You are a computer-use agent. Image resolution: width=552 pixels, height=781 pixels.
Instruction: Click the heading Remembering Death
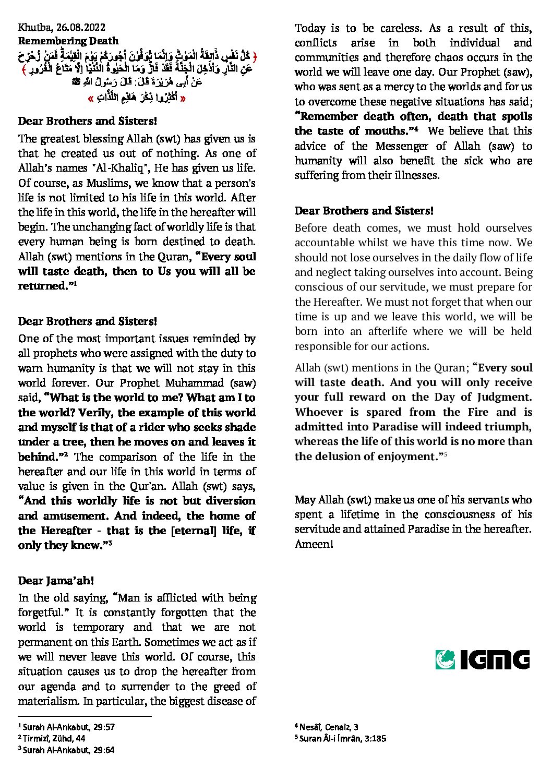(x=68, y=41)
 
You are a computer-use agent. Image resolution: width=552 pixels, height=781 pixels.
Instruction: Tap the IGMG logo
(x=483, y=659)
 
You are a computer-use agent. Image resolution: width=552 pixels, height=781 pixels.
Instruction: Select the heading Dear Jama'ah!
(x=56, y=581)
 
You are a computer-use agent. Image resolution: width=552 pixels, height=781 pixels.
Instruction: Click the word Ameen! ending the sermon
(x=314, y=544)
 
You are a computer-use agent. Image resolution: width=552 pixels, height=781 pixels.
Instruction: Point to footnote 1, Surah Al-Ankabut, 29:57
(x=66, y=727)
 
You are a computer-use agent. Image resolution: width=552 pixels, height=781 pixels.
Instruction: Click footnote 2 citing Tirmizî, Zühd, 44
(x=52, y=738)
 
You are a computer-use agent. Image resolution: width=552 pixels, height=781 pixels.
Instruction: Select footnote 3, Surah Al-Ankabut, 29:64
(x=66, y=750)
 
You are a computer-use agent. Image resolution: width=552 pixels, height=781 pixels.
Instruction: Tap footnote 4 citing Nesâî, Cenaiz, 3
(x=326, y=727)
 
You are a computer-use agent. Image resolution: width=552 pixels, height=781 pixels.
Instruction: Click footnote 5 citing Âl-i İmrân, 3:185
(x=341, y=738)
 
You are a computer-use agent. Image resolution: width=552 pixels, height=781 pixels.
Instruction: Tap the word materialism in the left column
(x=47, y=701)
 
